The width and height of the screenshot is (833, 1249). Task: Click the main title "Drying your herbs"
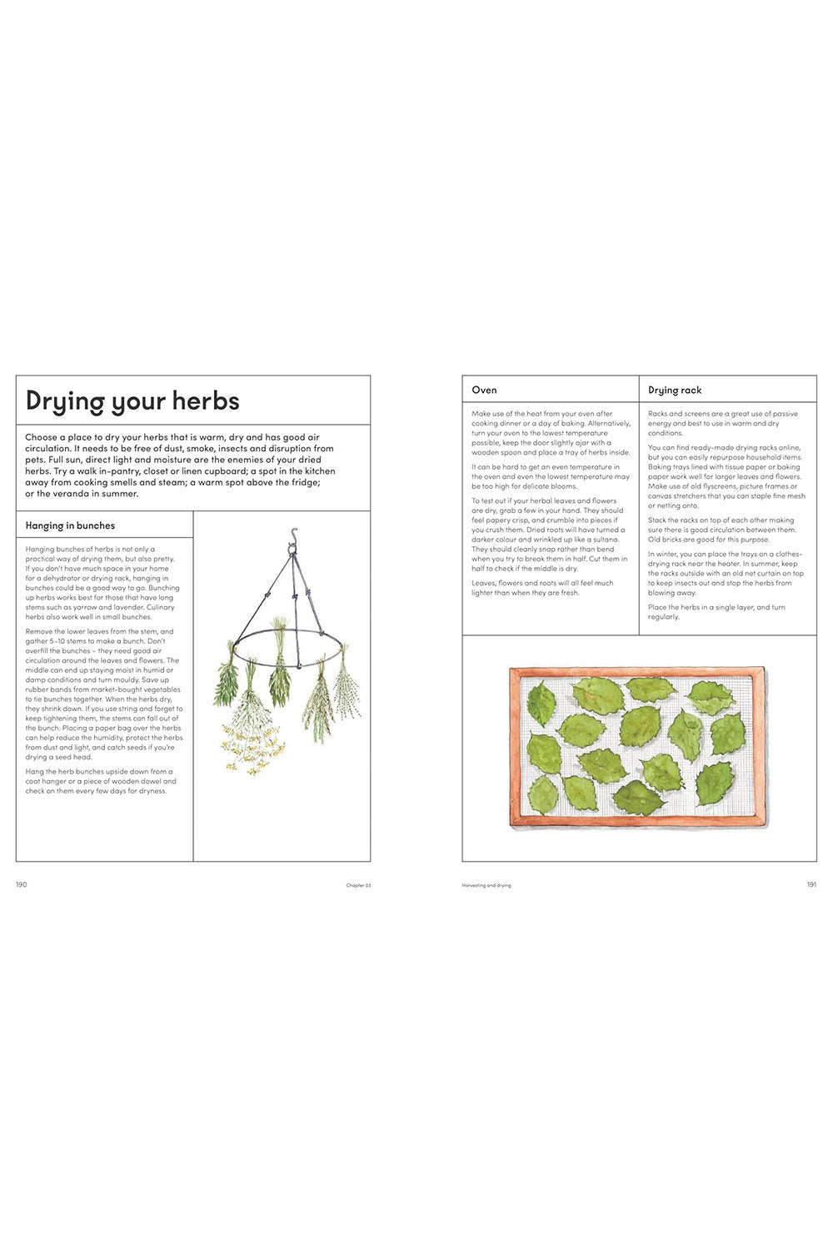click(132, 401)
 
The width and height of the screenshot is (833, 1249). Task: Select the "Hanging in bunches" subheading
click(70, 525)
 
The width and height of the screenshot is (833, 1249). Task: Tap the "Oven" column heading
click(484, 390)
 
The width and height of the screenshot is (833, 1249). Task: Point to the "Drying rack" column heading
click(675, 390)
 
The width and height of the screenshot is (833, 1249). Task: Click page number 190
click(22, 884)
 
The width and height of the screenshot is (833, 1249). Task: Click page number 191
click(811, 884)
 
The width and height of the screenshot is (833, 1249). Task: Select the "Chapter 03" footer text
click(358, 885)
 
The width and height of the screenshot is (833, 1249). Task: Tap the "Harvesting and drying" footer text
click(486, 885)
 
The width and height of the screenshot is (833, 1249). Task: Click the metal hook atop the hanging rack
click(293, 536)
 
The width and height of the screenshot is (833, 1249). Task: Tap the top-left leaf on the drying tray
click(541, 702)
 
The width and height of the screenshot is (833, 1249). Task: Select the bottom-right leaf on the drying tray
click(715, 784)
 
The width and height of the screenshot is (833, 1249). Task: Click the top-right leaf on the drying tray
click(710, 697)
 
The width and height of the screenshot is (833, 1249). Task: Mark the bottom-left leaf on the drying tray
click(543, 794)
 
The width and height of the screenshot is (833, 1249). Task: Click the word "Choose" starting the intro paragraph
click(42, 437)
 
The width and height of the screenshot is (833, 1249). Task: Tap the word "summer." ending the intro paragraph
click(120, 494)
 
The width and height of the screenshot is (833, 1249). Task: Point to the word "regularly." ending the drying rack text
click(664, 617)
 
